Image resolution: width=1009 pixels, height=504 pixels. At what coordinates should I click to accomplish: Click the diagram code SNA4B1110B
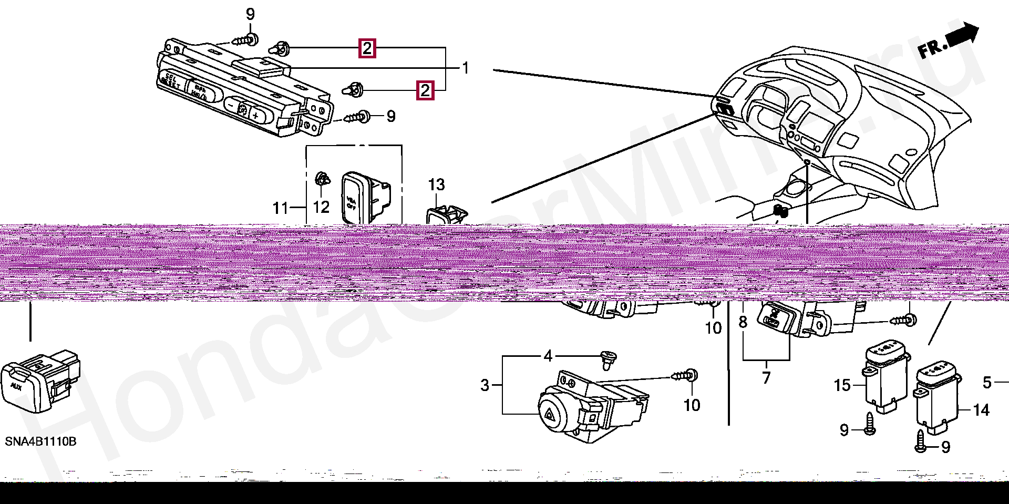(x=40, y=441)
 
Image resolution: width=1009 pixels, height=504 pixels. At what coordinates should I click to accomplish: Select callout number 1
(x=465, y=68)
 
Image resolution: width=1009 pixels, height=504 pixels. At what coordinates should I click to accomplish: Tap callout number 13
(x=436, y=184)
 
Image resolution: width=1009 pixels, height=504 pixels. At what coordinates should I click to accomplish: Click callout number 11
(x=280, y=208)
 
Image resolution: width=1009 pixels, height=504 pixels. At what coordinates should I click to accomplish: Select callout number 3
(x=485, y=385)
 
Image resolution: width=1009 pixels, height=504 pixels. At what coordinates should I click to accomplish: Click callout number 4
(x=548, y=356)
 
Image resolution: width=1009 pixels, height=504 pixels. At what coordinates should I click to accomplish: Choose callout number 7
(x=766, y=377)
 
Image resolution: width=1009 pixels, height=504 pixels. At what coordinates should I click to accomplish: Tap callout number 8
(x=743, y=322)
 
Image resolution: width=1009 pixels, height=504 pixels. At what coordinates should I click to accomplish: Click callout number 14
(x=981, y=410)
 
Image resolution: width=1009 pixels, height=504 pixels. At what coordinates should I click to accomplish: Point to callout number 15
(x=842, y=385)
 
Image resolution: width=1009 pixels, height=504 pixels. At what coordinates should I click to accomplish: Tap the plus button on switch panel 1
(x=256, y=115)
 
